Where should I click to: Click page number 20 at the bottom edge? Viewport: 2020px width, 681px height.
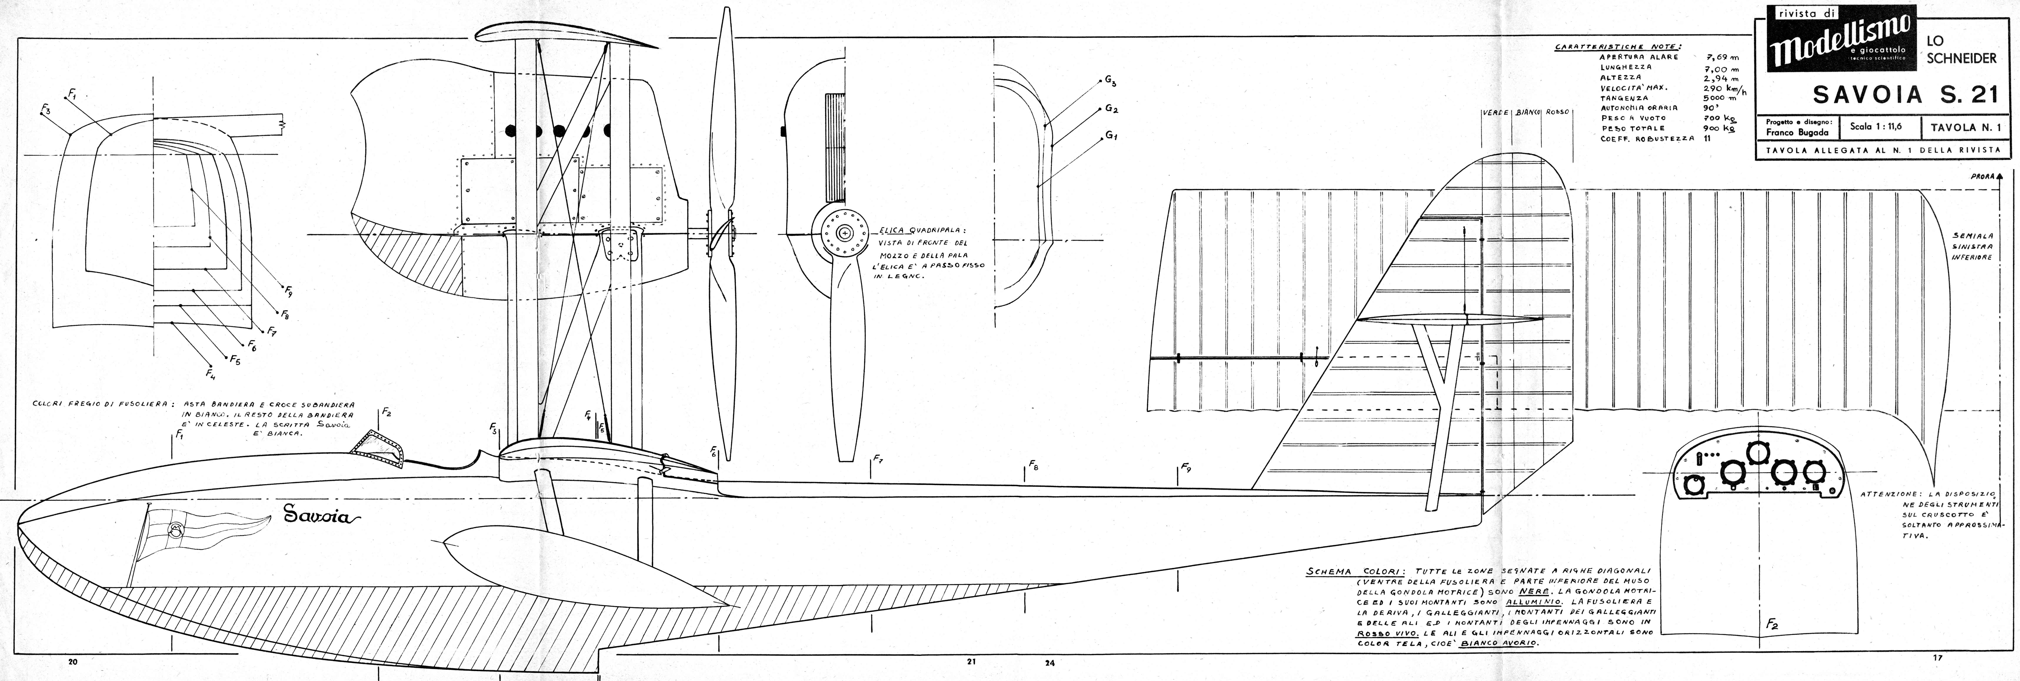pyautogui.click(x=73, y=661)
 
